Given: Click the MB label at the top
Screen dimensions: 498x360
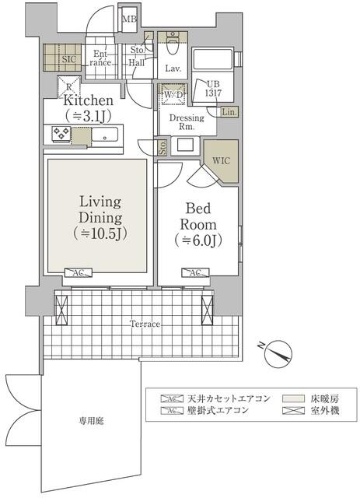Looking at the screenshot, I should point(129,19).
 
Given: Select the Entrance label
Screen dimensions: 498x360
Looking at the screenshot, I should point(102,58).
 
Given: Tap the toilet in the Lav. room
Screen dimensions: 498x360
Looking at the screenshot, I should point(173,44).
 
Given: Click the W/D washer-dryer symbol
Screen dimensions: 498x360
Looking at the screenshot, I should point(172,96).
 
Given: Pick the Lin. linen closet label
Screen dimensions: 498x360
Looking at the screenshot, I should point(229,112).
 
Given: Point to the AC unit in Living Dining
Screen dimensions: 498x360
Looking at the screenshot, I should point(79,273).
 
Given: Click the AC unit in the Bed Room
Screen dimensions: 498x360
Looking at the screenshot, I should point(194,273).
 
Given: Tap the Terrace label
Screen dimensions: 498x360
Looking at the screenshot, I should point(145,323).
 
